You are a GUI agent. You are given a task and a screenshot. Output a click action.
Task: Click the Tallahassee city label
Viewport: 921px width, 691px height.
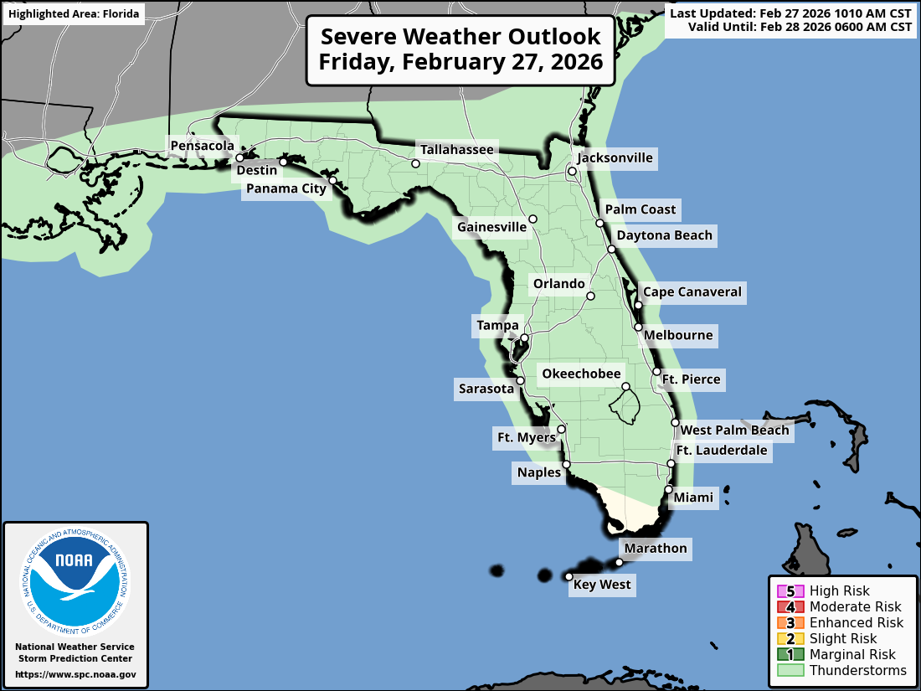(456, 150)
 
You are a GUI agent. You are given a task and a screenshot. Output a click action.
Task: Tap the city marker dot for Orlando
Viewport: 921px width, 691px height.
(590, 296)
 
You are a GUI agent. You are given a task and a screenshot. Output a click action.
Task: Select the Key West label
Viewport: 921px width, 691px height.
(602, 585)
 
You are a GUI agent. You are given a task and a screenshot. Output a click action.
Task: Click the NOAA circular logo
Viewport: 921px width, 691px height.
(75, 578)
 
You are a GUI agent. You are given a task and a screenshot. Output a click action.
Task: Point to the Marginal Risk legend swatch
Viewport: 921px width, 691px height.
(790, 654)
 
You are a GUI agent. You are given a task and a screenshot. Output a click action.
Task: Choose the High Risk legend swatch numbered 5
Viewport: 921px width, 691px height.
(790, 591)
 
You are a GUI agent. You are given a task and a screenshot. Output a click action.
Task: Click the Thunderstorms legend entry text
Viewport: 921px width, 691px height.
(857, 670)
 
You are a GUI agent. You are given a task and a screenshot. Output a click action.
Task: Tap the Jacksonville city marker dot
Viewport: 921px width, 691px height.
(572, 172)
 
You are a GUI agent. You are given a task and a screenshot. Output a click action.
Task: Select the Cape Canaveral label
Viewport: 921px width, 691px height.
(692, 292)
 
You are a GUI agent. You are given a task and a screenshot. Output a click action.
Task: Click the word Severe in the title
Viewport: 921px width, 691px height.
(361, 38)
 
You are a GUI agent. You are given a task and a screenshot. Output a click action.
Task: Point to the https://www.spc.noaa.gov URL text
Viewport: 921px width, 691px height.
(75, 673)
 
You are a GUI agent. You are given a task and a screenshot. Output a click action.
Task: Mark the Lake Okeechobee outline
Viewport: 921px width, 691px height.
(625, 407)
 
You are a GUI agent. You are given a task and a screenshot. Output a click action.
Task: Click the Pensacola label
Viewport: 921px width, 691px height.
(202, 146)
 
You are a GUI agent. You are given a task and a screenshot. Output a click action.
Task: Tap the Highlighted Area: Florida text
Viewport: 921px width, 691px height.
(74, 14)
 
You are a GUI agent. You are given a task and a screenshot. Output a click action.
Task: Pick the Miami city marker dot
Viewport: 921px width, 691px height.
(668, 489)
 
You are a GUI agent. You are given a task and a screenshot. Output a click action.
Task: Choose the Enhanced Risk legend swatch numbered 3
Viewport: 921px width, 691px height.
(790, 622)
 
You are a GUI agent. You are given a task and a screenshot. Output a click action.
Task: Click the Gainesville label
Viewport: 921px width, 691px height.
(491, 227)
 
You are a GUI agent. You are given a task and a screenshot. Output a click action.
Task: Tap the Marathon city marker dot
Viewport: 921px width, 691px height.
(620, 562)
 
